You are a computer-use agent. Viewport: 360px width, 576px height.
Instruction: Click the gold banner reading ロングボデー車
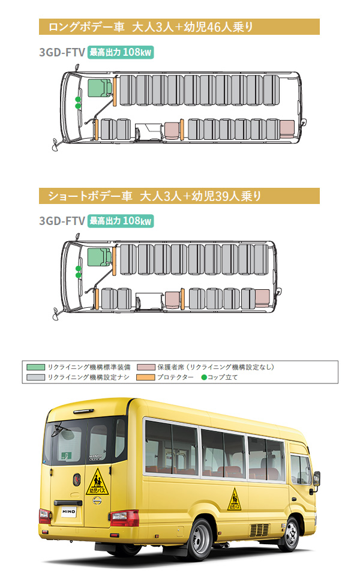179,27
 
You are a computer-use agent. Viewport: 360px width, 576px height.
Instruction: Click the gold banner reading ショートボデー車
179,196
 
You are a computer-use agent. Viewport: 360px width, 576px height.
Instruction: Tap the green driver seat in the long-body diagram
98,88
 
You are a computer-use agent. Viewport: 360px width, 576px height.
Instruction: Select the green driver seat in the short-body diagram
98,257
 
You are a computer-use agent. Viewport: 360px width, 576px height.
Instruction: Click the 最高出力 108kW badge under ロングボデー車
121,52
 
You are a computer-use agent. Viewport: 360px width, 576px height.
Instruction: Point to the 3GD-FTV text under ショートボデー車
61,221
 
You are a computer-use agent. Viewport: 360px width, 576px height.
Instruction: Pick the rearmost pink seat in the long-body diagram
287,128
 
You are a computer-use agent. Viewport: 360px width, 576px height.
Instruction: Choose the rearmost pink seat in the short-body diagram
262,297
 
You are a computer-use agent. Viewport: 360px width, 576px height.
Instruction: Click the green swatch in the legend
35,367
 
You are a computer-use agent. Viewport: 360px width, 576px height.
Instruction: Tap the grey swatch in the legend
35,377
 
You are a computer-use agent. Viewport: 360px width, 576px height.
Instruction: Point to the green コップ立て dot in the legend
204,377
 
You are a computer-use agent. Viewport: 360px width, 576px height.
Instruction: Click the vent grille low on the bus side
259,530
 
